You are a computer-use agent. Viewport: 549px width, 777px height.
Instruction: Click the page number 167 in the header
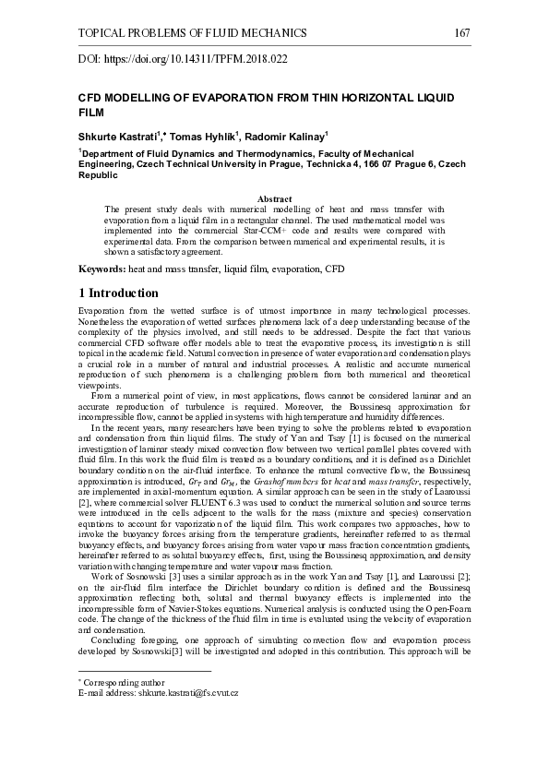tap(463, 33)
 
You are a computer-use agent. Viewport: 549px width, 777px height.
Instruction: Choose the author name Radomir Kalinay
tap(280, 136)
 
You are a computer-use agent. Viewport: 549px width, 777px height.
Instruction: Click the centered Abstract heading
tap(274, 199)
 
